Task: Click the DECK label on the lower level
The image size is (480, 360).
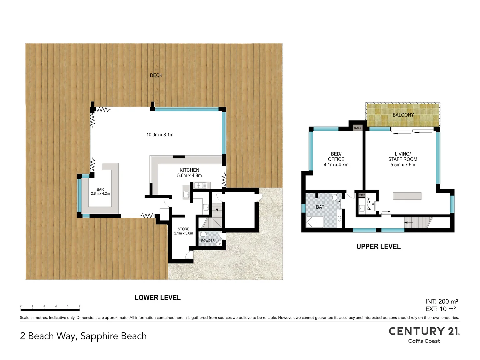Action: (x=156, y=75)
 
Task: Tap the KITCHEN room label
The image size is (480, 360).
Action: (x=189, y=170)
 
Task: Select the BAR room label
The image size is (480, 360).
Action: (x=100, y=189)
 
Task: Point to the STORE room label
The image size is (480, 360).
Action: (x=183, y=229)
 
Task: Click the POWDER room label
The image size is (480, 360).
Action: (x=208, y=241)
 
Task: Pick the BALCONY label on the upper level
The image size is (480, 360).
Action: (x=403, y=115)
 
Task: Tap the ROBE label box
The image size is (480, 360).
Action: (x=358, y=128)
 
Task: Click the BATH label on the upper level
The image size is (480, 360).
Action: (x=322, y=207)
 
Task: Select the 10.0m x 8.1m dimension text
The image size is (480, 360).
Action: (x=160, y=135)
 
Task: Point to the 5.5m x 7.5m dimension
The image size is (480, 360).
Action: (x=403, y=165)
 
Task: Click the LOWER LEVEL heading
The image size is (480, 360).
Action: (x=158, y=298)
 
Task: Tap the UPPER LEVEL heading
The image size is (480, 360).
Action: (x=379, y=247)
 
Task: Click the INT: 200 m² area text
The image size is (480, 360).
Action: (x=442, y=301)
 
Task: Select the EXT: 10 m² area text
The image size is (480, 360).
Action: (x=441, y=309)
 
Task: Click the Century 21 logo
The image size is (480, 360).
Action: (x=424, y=334)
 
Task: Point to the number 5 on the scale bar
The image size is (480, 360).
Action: (x=80, y=306)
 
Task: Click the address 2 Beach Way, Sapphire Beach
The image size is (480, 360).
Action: (x=83, y=336)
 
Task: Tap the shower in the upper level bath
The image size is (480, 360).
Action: (x=314, y=222)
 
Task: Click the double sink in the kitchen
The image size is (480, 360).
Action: (x=200, y=186)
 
